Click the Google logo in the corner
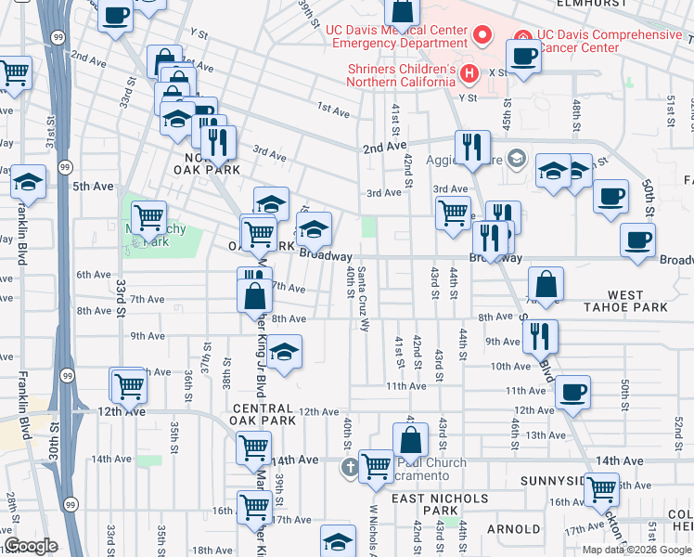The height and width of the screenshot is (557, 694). point(30,546)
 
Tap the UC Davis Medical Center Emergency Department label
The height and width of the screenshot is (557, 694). point(396,35)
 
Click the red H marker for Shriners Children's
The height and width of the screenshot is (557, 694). point(469,72)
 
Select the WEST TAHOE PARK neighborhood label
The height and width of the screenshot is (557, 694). point(625,301)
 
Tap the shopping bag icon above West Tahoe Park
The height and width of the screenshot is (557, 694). point(547,284)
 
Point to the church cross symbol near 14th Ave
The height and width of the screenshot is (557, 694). point(350,467)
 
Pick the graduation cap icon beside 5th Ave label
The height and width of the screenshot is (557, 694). point(29,182)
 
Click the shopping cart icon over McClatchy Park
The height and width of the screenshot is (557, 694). point(148,218)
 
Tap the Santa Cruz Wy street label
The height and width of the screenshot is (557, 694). point(364,298)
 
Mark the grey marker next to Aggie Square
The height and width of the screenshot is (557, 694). point(517,157)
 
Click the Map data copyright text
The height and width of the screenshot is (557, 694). point(636,549)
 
